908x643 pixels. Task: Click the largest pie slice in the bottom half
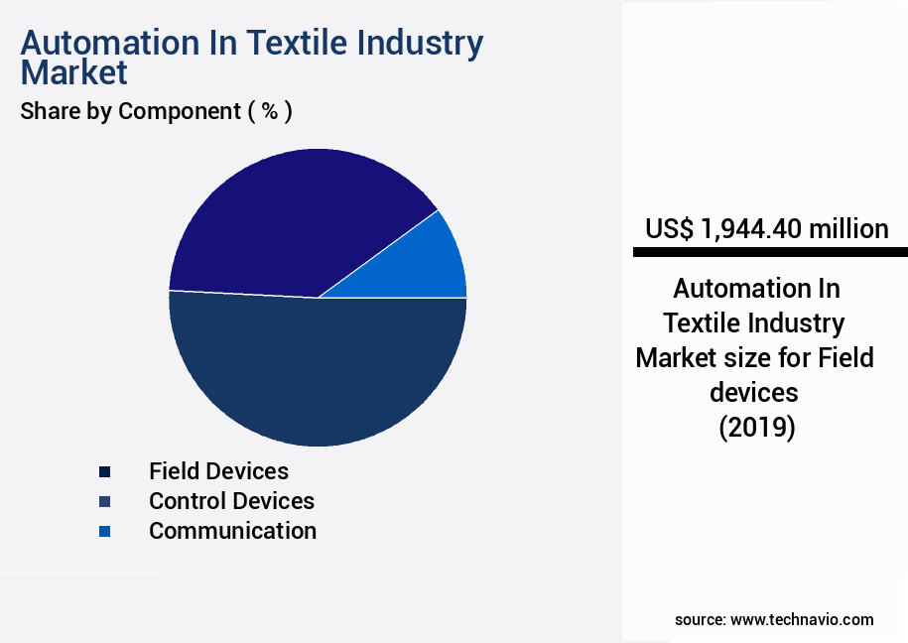318,377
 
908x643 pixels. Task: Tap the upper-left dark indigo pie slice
288,218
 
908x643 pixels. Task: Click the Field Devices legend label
218,470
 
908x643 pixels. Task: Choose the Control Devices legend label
231,501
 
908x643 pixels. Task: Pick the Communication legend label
232,531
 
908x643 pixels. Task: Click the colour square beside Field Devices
104,471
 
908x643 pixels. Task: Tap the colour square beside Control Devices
104,501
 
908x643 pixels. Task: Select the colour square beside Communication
104,532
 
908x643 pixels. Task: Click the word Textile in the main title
290,43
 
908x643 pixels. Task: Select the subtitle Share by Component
130,111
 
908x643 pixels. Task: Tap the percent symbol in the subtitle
269,111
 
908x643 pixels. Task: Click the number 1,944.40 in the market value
750,229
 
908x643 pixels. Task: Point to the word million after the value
848,229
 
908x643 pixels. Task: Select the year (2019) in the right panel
756,427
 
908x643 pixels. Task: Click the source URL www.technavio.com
802,619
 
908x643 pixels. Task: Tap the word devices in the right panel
754,392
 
